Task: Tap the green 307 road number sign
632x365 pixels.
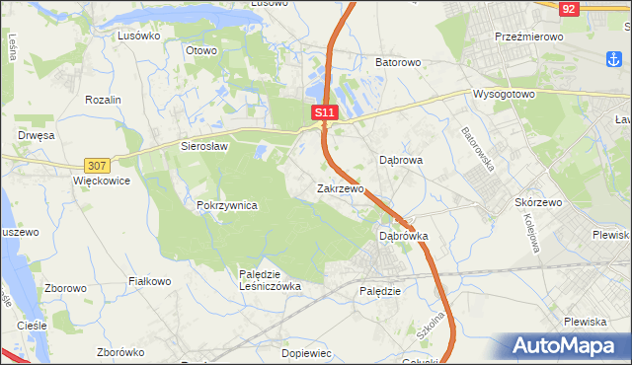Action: click(97, 166)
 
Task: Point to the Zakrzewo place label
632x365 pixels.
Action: click(341, 187)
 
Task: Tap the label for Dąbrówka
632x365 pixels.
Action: click(404, 236)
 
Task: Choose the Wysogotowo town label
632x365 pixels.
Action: click(504, 95)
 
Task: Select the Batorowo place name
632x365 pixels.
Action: click(398, 62)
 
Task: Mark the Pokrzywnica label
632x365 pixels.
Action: click(227, 205)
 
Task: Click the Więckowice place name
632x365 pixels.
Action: click(102, 182)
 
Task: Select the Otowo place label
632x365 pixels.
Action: click(201, 48)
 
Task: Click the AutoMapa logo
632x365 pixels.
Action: click(566, 346)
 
